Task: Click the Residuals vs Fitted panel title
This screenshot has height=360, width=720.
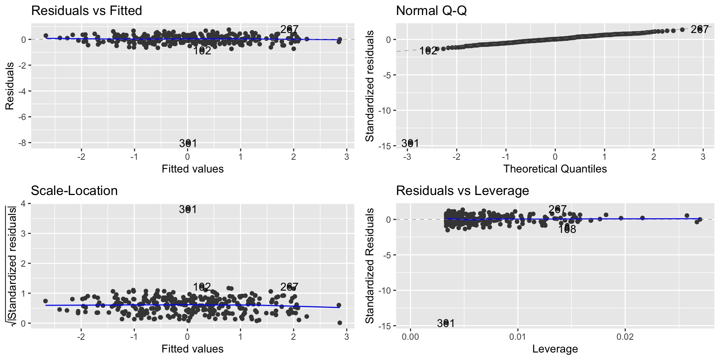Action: (x=87, y=11)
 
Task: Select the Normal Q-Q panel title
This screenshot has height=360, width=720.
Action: (x=431, y=11)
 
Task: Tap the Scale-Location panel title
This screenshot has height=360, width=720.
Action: (x=74, y=191)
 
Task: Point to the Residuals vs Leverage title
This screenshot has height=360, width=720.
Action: (x=462, y=191)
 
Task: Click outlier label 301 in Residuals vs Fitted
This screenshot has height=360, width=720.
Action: (x=188, y=143)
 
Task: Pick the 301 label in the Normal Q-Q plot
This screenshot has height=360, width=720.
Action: (x=410, y=143)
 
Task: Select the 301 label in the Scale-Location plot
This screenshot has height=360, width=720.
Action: (x=188, y=209)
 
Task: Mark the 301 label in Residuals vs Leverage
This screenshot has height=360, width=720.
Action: (x=446, y=323)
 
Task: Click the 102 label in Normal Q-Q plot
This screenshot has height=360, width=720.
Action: (x=428, y=51)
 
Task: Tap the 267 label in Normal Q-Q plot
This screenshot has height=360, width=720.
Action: (x=699, y=29)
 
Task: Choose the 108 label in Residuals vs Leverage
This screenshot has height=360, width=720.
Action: (x=567, y=229)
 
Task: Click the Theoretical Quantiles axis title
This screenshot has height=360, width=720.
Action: (x=555, y=169)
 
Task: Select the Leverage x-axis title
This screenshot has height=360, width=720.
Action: (x=555, y=349)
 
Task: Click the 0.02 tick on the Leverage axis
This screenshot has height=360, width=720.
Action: (x=625, y=337)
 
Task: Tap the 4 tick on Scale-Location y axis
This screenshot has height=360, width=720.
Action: (x=23, y=204)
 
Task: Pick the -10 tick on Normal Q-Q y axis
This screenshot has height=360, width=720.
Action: (x=386, y=111)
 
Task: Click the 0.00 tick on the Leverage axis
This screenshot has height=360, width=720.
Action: (x=411, y=337)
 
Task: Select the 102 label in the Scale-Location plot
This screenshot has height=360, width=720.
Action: (x=202, y=287)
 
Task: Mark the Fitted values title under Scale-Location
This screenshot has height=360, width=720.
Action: (x=192, y=349)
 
